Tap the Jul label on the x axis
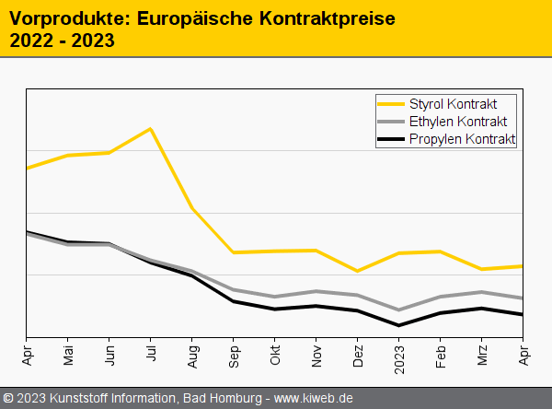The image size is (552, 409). tap(151, 355)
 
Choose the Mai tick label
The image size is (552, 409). tap(68, 355)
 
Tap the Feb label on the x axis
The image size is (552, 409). tap(441, 355)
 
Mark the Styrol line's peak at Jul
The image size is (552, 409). tap(151, 129)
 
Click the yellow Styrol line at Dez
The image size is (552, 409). tap(358, 271)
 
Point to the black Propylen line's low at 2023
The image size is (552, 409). tap(399, 325)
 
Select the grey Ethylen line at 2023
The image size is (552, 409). tap(399, 310)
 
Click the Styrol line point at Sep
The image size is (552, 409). tap(234, 252)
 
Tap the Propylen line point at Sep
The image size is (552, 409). tap(234, 301)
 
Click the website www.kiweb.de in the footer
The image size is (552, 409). tap(314, 398)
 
